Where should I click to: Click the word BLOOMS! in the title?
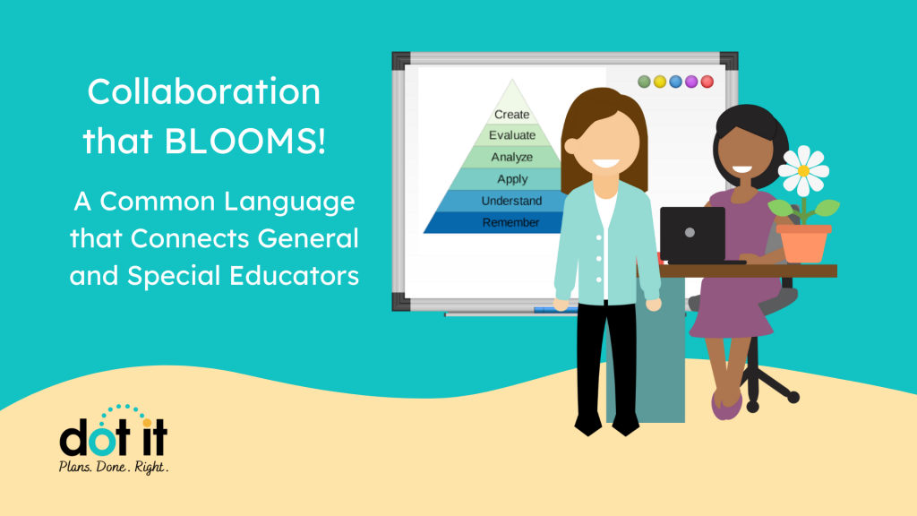[244, 141]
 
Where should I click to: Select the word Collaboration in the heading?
[203, 92]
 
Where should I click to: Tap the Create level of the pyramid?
[511, 115]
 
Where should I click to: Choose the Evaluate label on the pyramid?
[512, 135]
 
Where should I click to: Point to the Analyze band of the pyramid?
[511, 157]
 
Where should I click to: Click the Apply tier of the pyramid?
[512, 179]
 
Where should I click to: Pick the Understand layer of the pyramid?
[511, 201]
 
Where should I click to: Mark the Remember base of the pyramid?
[510, 222]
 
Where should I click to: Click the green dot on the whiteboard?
[644, 82]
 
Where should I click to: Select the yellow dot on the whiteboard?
[660, 82]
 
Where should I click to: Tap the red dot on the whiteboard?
[707, 82]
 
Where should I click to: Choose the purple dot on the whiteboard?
[691, 82]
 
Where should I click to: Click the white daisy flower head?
[803, 171]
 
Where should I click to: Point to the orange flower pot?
[804, 244]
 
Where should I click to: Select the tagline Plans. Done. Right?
[114, 467]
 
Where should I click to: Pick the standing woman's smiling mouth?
[605, 165]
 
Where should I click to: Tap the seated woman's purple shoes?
[726, 405]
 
